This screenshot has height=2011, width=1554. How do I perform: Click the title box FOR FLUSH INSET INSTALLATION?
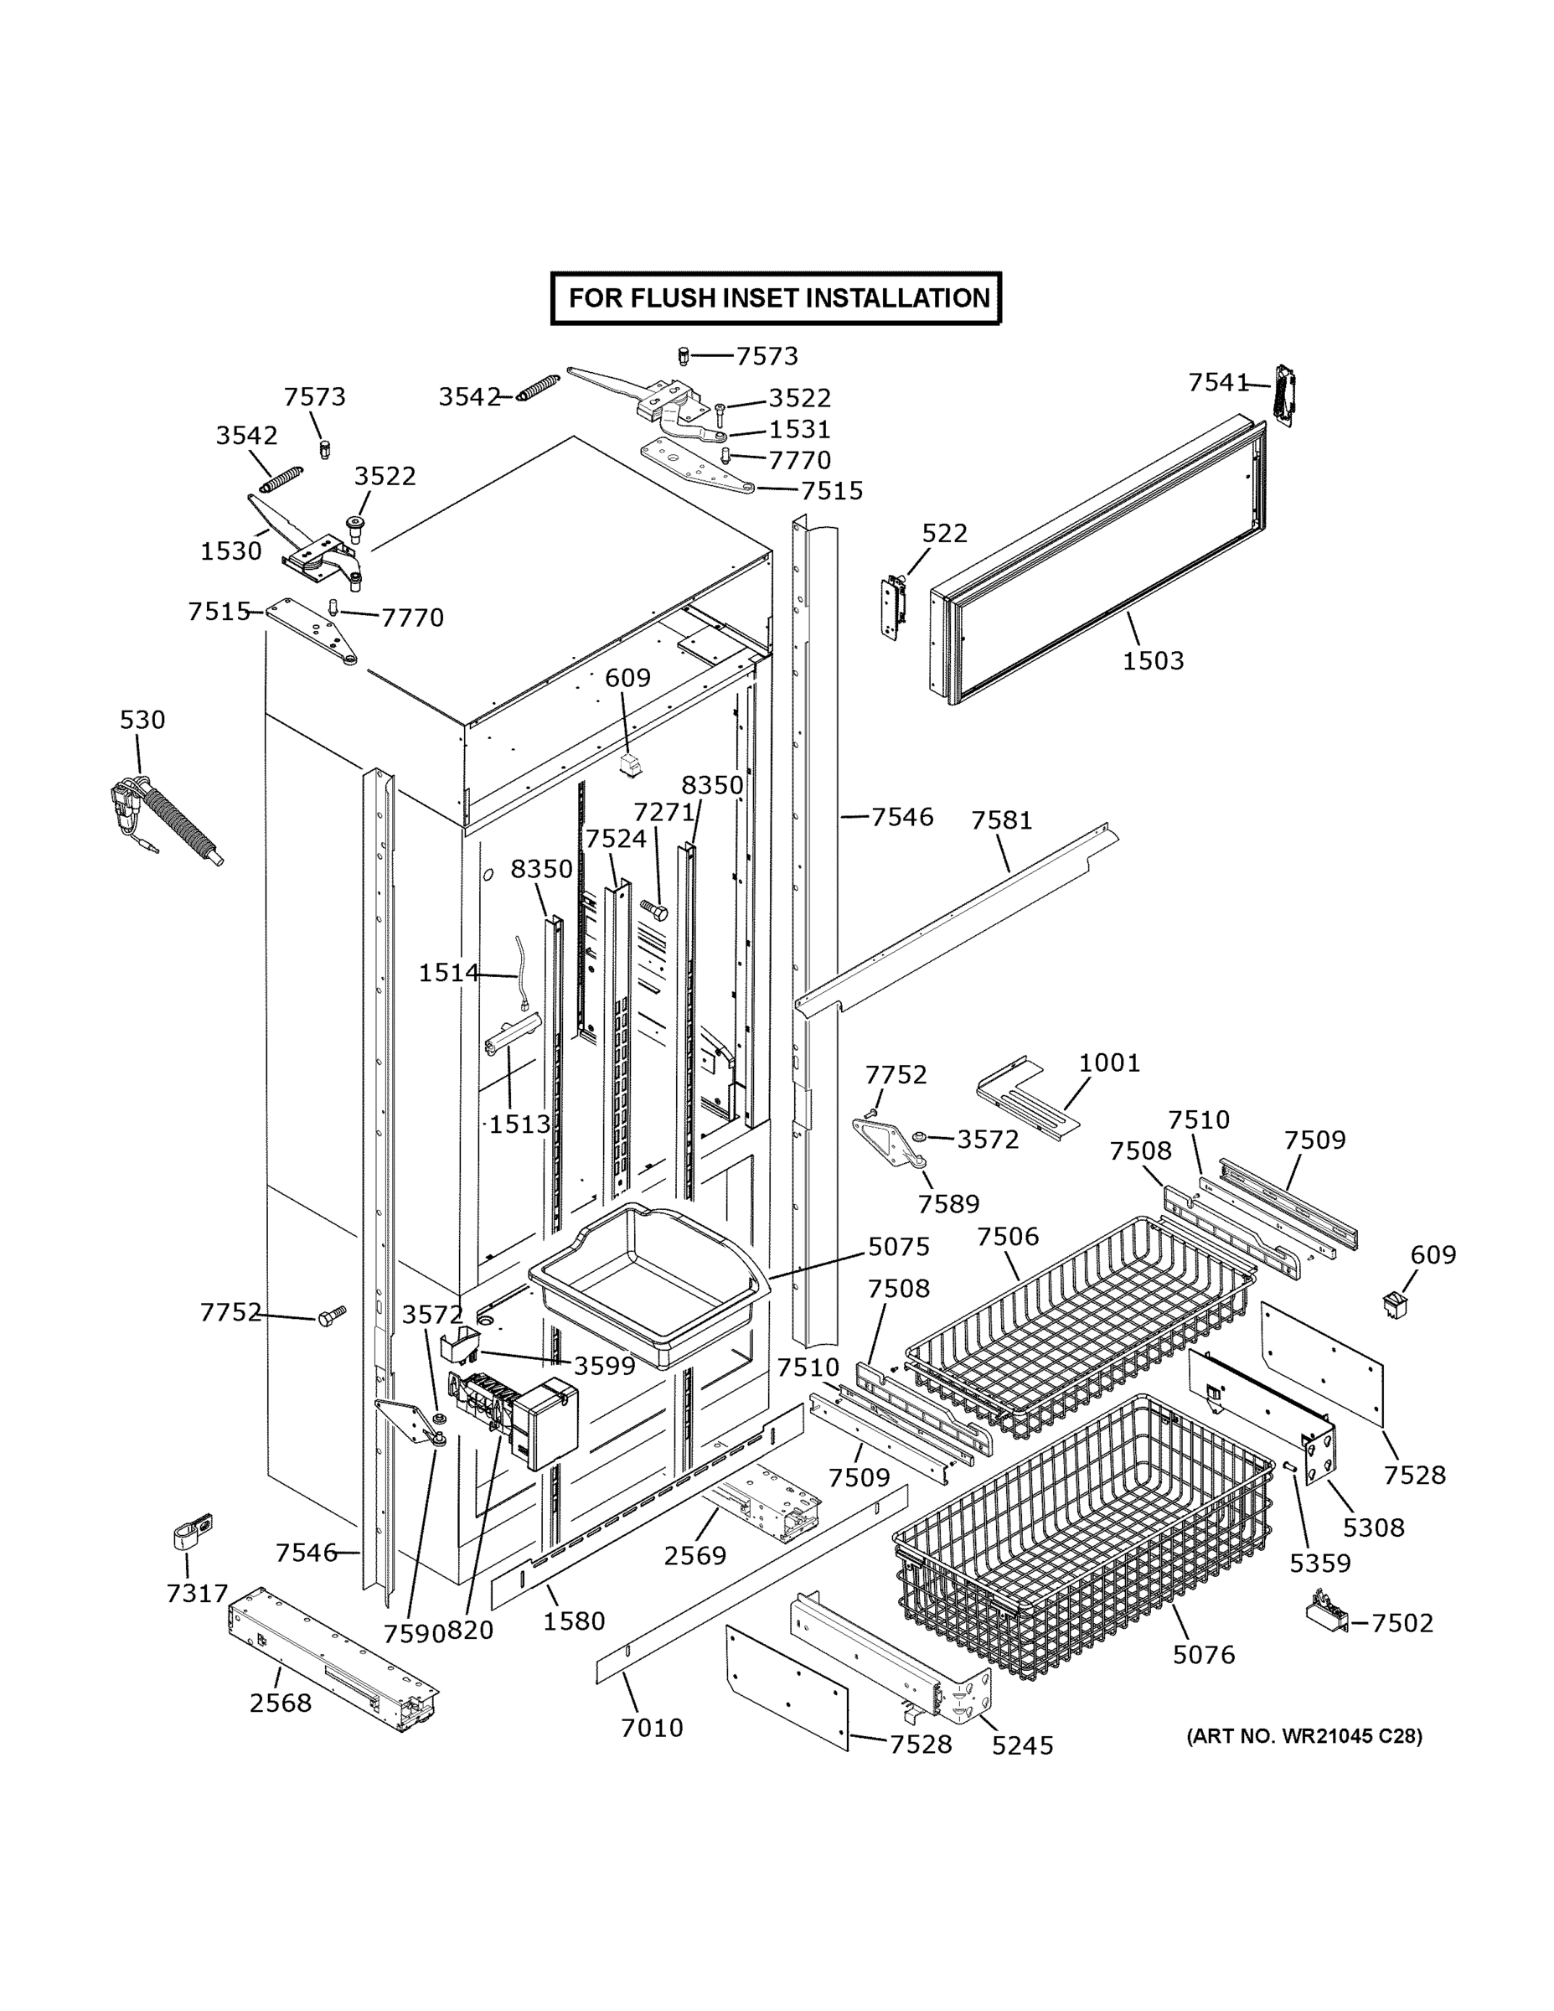(x=776, y=298)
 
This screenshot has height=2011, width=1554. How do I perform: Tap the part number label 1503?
(x=1153, y=660)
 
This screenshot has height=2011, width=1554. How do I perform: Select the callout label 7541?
(x=1218, y=382)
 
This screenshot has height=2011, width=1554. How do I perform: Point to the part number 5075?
(x=899, y=1247)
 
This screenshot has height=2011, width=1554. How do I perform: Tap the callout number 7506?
(x=1007, y=1237)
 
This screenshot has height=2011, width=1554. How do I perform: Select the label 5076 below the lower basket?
(x=1203, y=1655)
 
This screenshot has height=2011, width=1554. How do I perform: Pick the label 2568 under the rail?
(x=280, y=1703)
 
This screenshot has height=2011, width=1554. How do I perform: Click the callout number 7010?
(x=652, y=1729)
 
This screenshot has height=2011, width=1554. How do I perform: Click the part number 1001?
(x=1109, y=1062)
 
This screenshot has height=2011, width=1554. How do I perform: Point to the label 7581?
(x=1002, y=819)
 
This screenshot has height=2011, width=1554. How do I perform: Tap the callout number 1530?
(x=231, y=551)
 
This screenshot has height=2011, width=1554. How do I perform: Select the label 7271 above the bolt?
(x=663, y=811)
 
